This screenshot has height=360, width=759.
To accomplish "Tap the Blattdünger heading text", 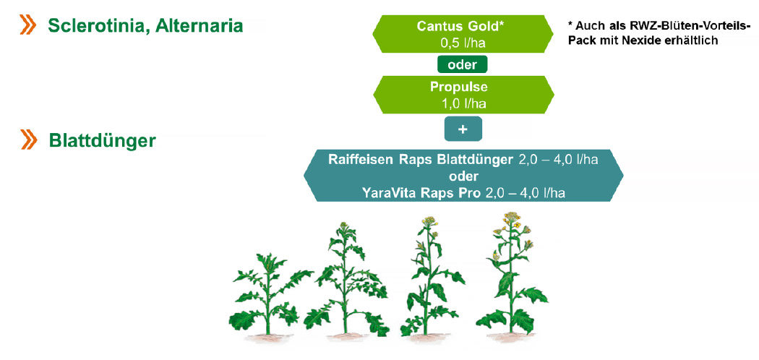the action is (x=102, y=140).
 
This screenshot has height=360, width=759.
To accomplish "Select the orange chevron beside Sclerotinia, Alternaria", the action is (x=27, y=25).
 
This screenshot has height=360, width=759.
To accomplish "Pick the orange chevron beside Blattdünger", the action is (x=28, y=140).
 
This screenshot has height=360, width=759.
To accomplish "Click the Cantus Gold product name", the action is (x=460, y=26).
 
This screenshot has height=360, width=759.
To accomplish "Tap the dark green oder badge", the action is (x=463, y=65).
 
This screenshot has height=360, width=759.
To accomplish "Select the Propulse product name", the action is (x=459, y=87).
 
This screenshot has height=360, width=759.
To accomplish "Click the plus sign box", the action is (x=463, y=129).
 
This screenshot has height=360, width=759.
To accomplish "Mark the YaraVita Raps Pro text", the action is (x=421, y=194).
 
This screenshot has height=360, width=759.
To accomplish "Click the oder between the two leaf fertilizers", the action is (x=463, y=176).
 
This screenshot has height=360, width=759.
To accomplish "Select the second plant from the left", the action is (x=346, y=280).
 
